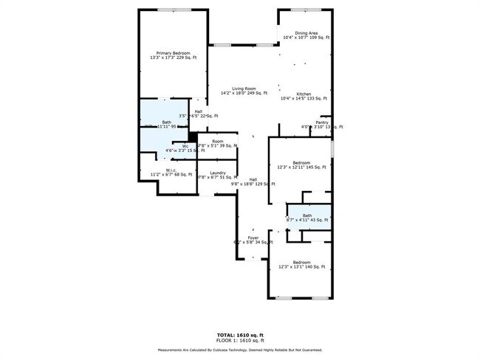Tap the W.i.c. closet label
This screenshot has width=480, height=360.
pyautogui.click(x=171, y=172)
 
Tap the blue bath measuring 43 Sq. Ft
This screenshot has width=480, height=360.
pyautogui.click(x=306, y=218)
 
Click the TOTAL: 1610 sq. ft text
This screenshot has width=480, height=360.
pyautogui.click(x=239, y=334)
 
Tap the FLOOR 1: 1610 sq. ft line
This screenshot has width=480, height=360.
pyautogui.click(x=239, y=340)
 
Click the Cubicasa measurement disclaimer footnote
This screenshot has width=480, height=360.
pyautogui.click(x=239, y=350)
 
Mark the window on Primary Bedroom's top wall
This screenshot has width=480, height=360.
pyautogui.click(x=174, y=10)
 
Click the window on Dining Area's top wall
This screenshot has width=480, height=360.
pyautogui.click(x=304, y=10)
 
